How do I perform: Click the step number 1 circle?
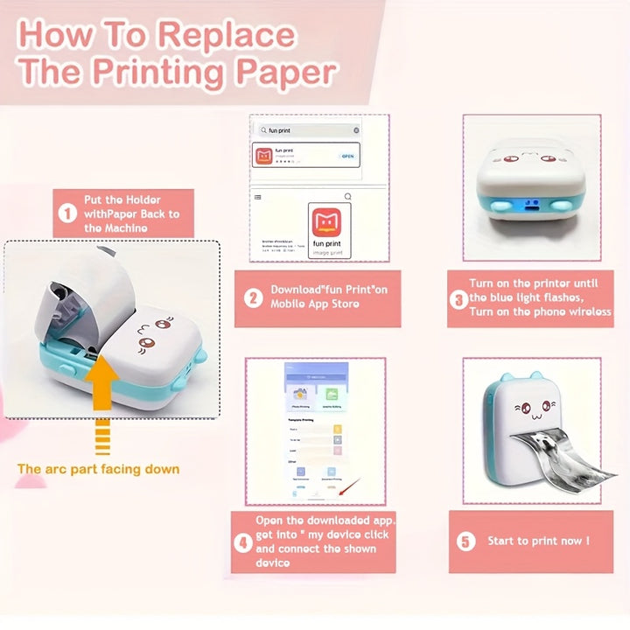click(x=67, y=213)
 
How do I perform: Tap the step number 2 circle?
click(x=253, y=298)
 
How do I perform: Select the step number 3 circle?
click(x=458, y=298)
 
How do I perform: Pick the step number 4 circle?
click(x=244, y=542)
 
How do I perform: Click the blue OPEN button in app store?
click(x=347, y=156)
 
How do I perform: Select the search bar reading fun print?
click(x=306, y=129)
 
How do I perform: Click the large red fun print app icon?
click(x=329, y=224)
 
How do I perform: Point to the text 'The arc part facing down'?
click(x=98, y=469)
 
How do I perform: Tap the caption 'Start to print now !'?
click(x=538, y=541)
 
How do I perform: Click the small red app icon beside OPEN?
click(x=262, y=157)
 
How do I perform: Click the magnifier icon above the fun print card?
click(x=347, y=197)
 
